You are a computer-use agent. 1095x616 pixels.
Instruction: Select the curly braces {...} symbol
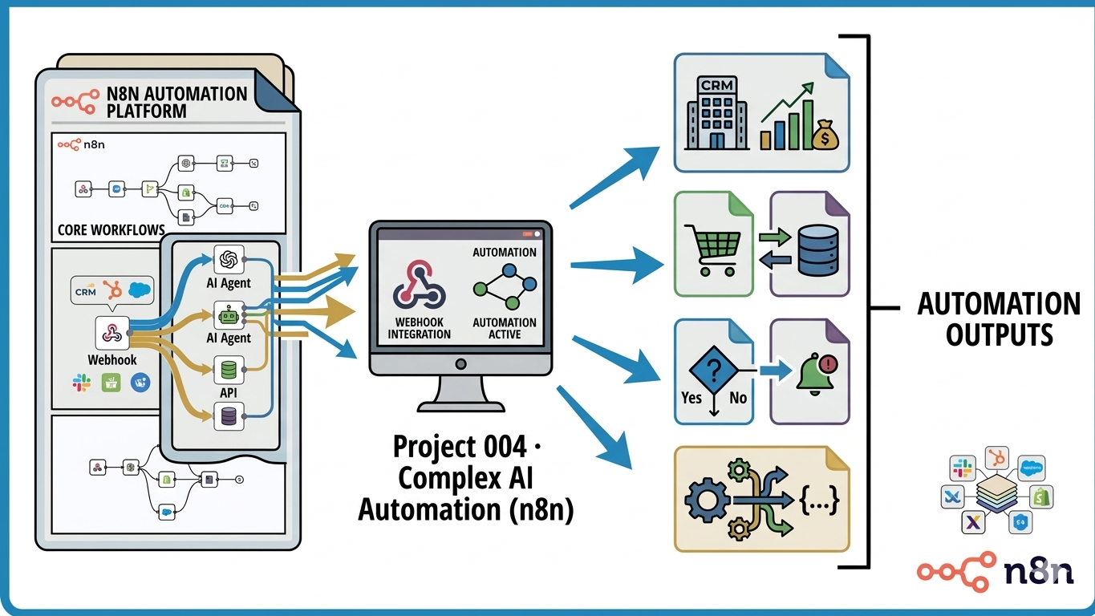[x=819, y=501]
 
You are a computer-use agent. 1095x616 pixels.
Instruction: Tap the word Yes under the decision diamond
[x=691, y=397]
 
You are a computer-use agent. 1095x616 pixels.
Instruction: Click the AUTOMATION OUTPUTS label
[x=999, y=318]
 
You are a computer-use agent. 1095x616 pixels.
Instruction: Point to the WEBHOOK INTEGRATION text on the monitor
[x=420, y=328]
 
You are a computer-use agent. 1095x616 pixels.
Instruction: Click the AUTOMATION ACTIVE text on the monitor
[x=505, y=328]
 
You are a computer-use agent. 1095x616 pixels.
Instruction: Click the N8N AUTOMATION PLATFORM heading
[x=176, y=102]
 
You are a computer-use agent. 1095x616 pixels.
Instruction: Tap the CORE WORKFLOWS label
[x=111, y=230]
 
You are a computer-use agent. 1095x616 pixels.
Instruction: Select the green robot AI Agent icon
[x=229, y=316]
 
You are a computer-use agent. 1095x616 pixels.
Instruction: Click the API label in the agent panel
[x=229, y=394]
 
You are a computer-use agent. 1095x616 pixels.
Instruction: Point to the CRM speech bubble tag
[x=85, y=293]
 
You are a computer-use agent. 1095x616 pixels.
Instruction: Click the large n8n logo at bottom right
[x=996, y=571]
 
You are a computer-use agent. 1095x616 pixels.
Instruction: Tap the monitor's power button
[x=460, y=363]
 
